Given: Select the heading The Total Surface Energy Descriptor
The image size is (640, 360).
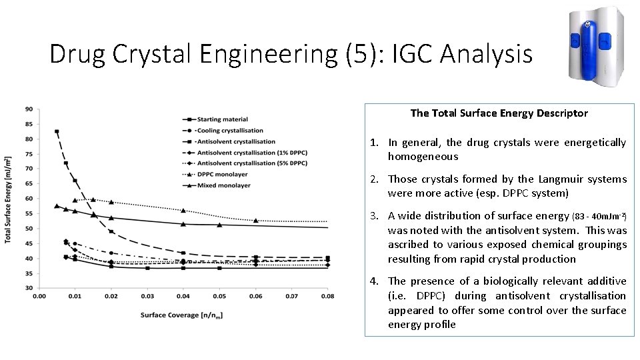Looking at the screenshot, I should point(499,113).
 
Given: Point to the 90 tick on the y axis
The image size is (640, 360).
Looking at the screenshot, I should point(29,109).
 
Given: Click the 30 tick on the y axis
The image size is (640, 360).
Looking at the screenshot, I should point(29,288).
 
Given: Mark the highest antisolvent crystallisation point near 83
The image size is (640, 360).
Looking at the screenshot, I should point(57,131).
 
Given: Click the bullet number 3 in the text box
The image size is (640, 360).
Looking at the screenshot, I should point(375,215).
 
